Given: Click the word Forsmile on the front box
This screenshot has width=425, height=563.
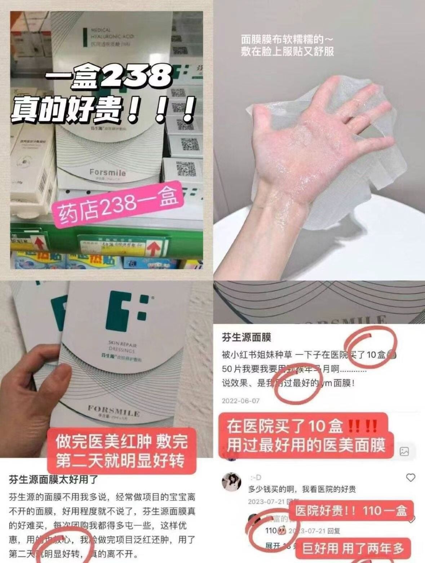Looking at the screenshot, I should pos(107,172).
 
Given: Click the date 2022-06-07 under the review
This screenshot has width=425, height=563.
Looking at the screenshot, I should pos(240,401).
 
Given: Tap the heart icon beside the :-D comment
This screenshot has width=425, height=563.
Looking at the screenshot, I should pos(411,478).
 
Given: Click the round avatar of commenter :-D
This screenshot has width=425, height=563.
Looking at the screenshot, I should pos(231,481).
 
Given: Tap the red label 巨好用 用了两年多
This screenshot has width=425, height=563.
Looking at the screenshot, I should pos(353,549).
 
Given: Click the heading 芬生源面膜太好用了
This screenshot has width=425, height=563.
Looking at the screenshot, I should pos(53,480).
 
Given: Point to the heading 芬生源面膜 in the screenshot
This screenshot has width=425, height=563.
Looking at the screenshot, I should pos(246,338).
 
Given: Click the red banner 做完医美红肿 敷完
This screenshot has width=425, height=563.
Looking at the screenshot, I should pos(121,442).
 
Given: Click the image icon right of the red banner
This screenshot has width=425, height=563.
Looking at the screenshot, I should pos(404,451).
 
